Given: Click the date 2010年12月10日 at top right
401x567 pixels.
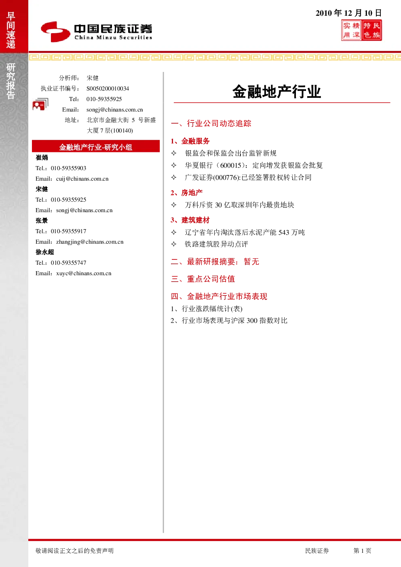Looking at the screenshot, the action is [348, 13].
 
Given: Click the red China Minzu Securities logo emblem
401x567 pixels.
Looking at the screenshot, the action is [55, 32].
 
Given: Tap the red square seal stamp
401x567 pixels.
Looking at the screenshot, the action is [361, 30].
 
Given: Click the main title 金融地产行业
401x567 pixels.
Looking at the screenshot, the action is [277, 91].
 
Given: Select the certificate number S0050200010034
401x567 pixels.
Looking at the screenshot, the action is [108, 89].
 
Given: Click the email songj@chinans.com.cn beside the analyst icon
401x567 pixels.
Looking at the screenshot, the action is [114, 110].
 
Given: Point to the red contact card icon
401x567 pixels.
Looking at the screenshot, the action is [40, 104].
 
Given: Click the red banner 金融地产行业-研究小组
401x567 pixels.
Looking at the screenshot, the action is [96, 146].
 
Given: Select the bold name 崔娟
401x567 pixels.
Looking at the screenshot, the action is [42, 158].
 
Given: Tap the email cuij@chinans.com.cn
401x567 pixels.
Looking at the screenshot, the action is [82, 179].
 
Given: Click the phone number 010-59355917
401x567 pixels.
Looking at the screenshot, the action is [68, 231].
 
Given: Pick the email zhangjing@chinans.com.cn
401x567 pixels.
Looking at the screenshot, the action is [90, 242].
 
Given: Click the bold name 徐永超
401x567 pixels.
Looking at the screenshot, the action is [45, 252].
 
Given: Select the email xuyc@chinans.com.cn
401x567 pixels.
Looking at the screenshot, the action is [84, 273].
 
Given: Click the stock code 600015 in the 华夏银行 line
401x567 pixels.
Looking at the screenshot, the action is [231, 165].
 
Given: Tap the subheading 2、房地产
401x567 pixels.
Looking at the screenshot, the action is [187, 193].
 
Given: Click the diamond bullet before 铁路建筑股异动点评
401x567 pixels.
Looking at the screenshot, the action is [174, 244].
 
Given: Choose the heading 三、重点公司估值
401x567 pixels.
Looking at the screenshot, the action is [203, 279].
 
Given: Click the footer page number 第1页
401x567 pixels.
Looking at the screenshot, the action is [362, 550].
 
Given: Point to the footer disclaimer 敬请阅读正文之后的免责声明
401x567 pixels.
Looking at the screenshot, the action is [74, 550].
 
